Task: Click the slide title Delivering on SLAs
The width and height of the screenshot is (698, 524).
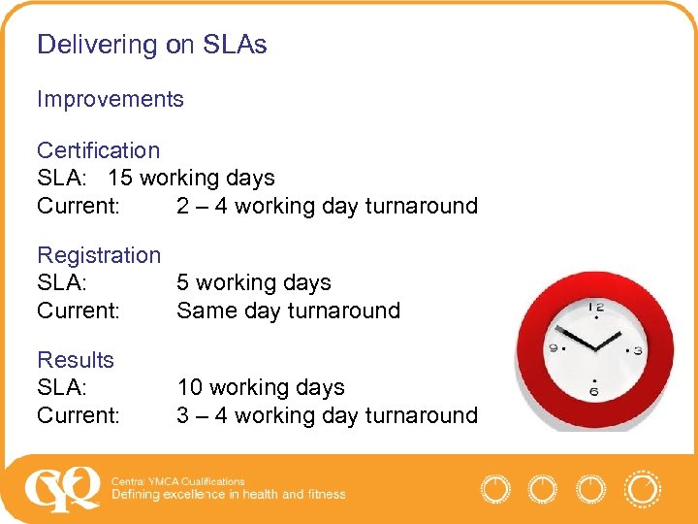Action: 152,45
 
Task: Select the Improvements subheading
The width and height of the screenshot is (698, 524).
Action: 110,99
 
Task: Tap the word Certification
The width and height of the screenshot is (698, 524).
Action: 98,150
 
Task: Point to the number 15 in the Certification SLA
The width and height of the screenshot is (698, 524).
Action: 120,179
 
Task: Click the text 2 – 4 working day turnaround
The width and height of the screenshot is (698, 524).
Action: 327,206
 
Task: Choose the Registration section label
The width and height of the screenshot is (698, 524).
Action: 99,255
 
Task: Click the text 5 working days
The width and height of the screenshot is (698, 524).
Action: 253,283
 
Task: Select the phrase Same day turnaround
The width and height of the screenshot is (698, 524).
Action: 288,311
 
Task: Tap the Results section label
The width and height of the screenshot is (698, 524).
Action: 76,360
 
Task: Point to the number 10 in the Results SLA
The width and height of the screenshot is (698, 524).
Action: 189,387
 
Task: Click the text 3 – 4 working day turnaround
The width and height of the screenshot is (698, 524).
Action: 327,415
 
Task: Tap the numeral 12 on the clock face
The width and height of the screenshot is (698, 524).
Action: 595,308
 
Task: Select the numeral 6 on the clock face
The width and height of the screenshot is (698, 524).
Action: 594,391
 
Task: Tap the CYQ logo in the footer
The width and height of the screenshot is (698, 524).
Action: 62,488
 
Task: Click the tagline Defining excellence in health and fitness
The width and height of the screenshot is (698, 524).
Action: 228,495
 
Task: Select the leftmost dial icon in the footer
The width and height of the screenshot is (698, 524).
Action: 495,488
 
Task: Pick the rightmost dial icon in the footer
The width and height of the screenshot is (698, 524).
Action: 642,488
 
